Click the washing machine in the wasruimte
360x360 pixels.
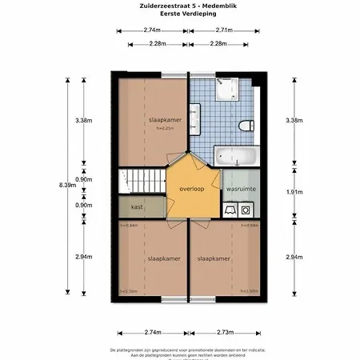pos(244,210)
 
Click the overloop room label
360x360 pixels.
pos(192,190)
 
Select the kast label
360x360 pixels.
pos(137,206)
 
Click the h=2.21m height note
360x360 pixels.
pos(165,128)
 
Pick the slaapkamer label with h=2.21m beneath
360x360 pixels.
pos(165,120)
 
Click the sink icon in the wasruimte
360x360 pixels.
pos(229,210)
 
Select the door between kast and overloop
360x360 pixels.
pos(166,206)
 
